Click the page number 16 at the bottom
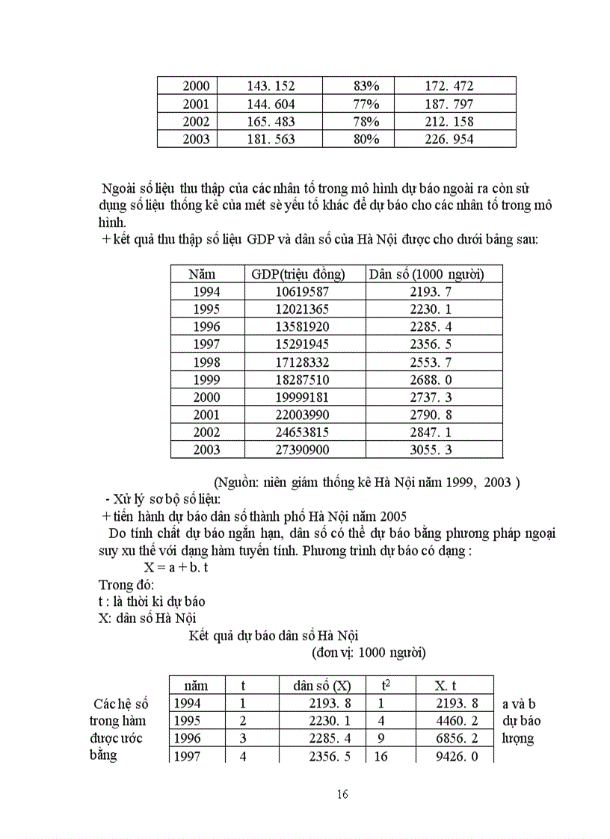coord(342,794)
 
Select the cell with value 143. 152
coord(271,86)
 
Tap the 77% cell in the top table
coord(366,104)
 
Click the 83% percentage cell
coord(366,86)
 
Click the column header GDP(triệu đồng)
coord(298,274)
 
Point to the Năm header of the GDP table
coord(202,274)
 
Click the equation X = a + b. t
coord(176,568)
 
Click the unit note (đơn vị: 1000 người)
coord(369,652)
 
